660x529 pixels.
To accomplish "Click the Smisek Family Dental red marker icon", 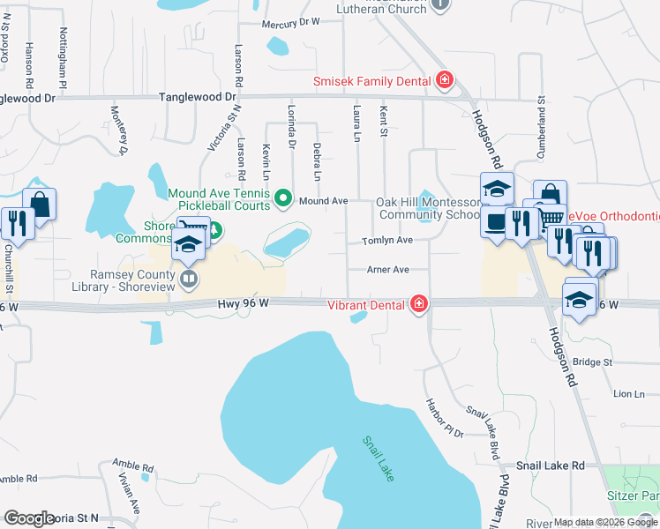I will [x=445, y=81].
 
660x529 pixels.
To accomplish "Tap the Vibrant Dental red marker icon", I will [x=419, y=304].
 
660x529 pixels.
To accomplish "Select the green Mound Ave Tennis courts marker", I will [x=283, y=197].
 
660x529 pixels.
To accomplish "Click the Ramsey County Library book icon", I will [x=187, y=280].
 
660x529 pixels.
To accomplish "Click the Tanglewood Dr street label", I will [x=197, y=97].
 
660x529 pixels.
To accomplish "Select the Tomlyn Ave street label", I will [x=387, y=241].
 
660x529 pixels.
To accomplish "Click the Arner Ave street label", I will [x=388, y=270].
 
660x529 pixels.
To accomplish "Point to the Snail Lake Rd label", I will [x=551, y=465].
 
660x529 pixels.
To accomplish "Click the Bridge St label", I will [x=592, y=362].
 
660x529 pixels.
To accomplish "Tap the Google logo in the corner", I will [x=29, y=518].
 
